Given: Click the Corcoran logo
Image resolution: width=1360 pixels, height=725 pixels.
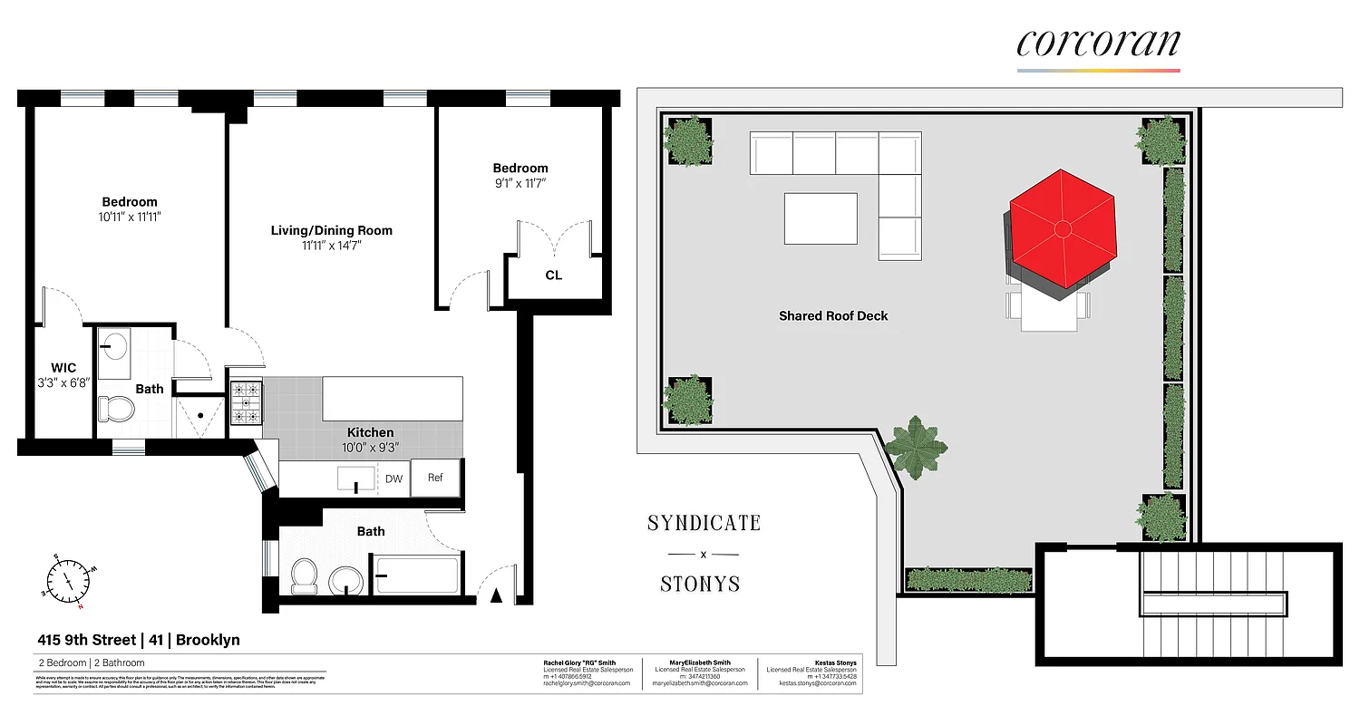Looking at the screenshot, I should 1098,43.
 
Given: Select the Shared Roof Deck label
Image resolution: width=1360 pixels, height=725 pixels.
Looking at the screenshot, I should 832,316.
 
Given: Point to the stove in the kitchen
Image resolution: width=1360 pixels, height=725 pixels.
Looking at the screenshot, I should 246,403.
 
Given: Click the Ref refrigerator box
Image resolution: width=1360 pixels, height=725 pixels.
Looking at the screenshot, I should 435,478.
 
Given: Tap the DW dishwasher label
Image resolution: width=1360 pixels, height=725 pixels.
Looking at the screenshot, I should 393,478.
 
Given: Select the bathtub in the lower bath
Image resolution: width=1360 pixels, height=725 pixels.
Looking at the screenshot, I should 416,575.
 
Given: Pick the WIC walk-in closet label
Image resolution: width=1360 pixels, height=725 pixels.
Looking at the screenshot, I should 63,368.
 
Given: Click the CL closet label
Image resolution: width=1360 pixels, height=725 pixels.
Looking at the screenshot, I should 553,275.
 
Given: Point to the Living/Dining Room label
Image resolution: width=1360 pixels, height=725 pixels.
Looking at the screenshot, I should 331,230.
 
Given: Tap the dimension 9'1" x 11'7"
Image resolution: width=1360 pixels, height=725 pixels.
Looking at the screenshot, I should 520,183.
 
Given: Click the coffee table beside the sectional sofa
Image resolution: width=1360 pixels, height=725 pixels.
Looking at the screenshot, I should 820,218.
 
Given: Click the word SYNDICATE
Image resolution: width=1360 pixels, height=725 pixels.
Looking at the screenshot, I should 704,523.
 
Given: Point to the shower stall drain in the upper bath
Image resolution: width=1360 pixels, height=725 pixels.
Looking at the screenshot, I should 199,417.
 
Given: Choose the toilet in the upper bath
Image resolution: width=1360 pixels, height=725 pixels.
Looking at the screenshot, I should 116,410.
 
